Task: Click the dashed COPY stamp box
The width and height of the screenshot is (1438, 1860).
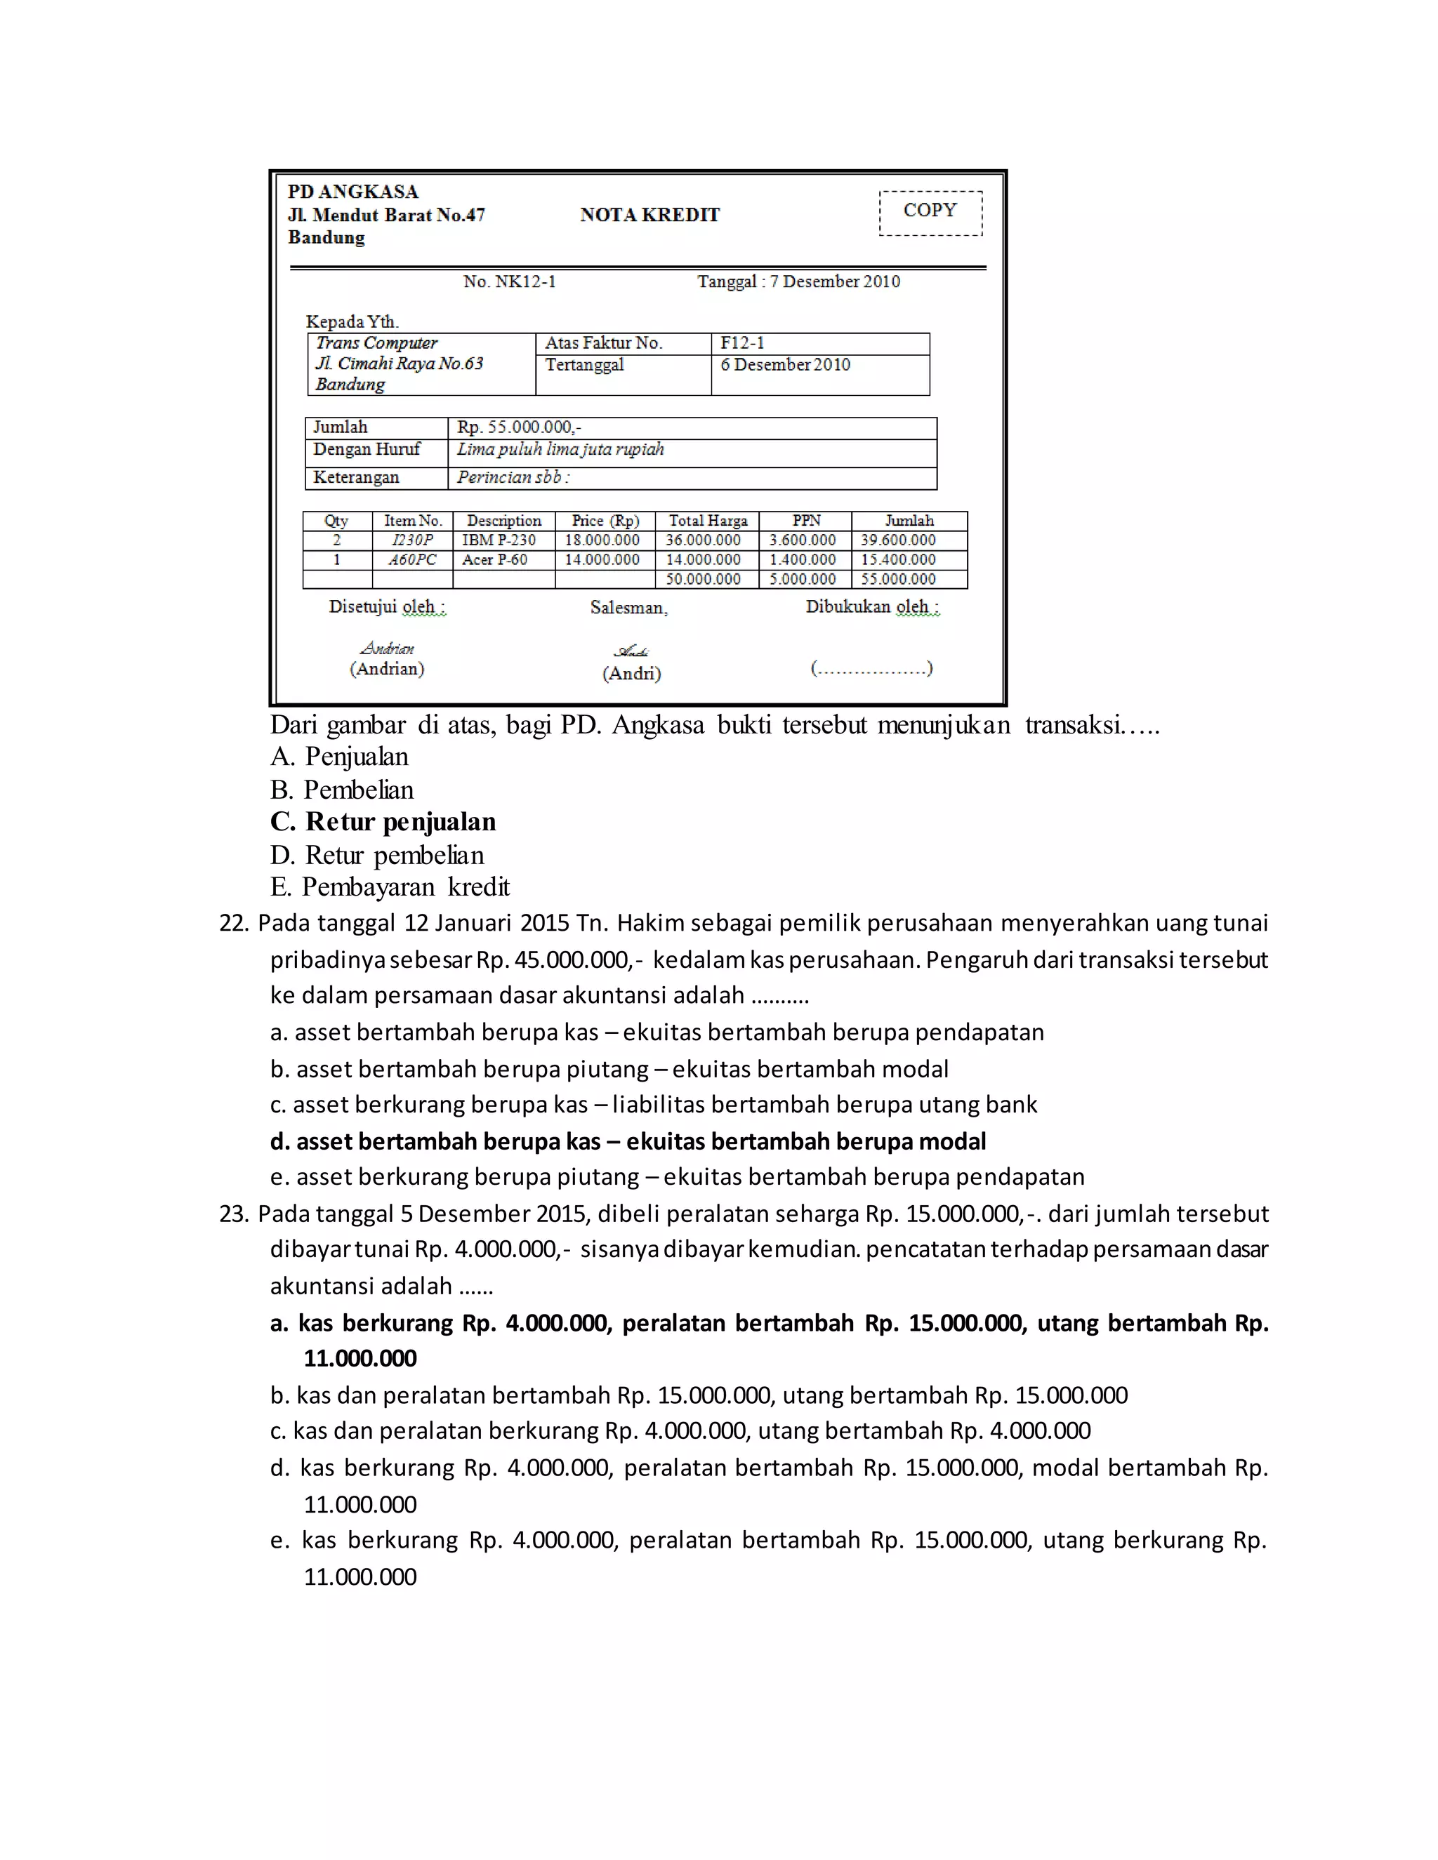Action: tap(930, 212)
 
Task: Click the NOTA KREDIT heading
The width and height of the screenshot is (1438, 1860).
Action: tap(649, 215)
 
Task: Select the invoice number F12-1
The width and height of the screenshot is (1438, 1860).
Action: tap(742, 343)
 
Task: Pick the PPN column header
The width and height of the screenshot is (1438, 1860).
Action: tap(806, 520)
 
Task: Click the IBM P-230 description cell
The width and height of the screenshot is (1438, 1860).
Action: tap(499, 540)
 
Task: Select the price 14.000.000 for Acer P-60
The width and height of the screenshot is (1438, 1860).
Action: tap(602, 559)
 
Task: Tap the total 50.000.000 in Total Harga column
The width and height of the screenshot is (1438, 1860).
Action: tap(703, 579)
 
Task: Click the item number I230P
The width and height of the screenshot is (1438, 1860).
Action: tap(412, 540)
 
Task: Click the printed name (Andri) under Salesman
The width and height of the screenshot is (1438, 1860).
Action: tap(631, 674)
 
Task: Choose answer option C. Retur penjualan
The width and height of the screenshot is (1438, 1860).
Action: tap(383, 822)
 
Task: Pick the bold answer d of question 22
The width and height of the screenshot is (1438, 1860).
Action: tap(628, 1141)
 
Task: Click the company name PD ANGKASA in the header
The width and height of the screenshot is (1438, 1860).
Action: tap(352, 192)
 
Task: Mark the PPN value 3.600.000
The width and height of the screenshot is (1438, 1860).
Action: tap(803, 540)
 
